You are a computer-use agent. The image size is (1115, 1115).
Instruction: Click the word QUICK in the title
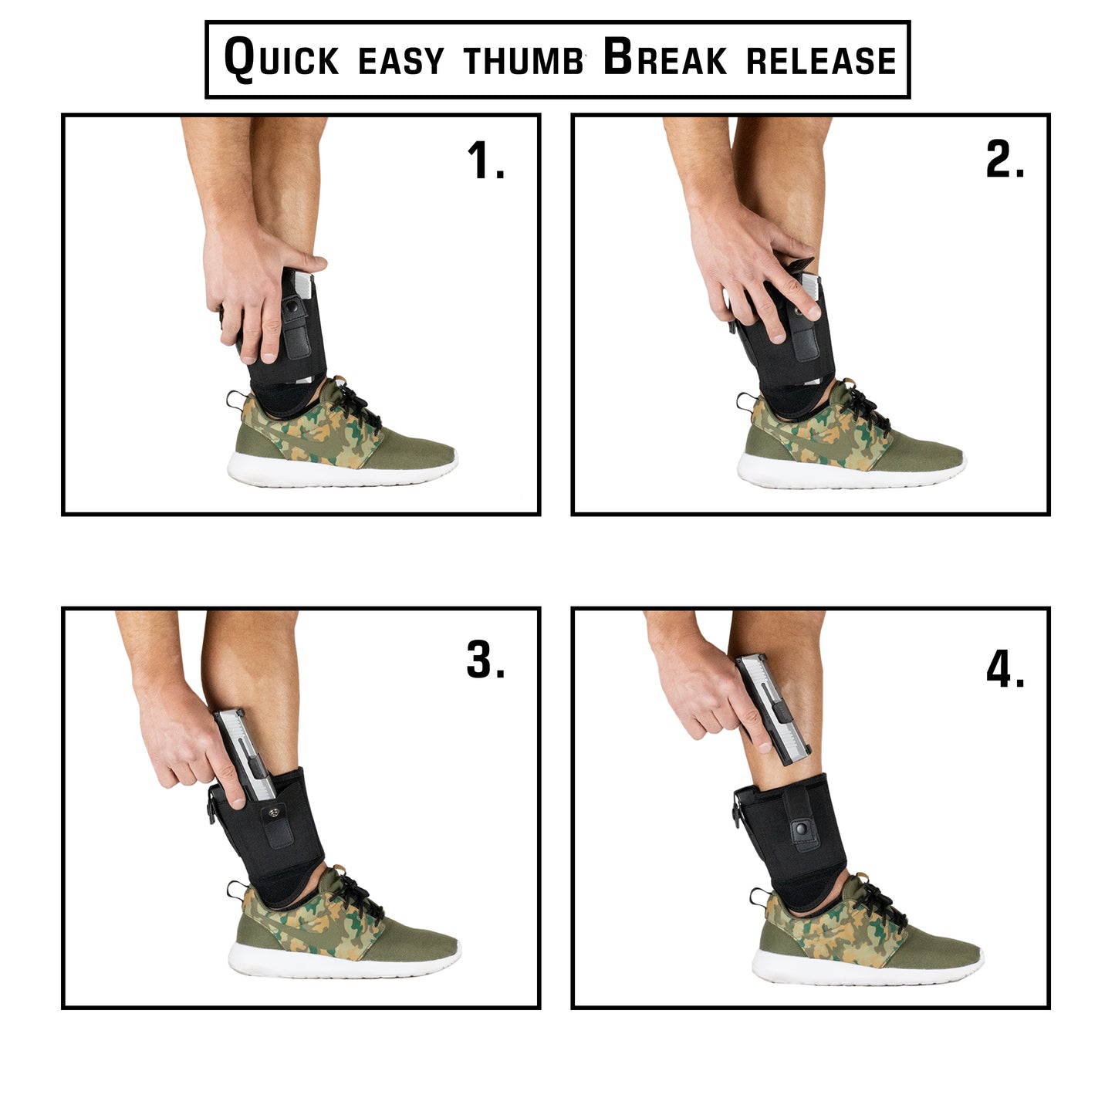(x=281, y=59)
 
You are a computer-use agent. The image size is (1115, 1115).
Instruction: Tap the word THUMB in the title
(x=523, y=61)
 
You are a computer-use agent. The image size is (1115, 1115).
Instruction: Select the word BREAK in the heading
(x=664, y=58)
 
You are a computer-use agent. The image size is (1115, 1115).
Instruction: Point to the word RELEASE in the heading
(x=821, y=61)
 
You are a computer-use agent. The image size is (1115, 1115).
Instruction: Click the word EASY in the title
(x=401, y=61)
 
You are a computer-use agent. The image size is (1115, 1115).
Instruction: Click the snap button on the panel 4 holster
(x=801, y=829)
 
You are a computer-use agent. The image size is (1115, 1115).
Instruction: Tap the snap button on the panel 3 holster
(x=275, y=813)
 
